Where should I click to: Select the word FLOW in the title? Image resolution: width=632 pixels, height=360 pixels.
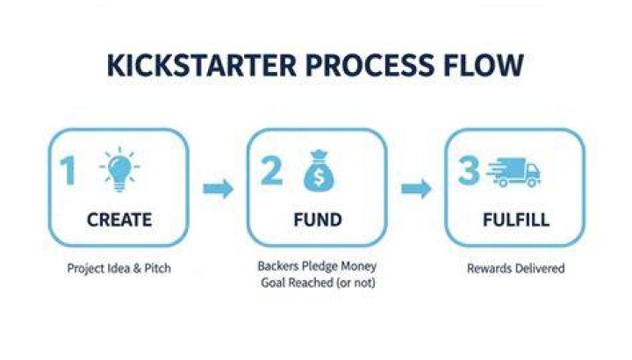pyautogui.click(x=484, y=65)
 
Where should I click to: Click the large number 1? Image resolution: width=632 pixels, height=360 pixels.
pyautogui.click(x=68, y=170)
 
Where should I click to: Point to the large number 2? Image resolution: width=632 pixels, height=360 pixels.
pyautogui.click(x=271, y=170)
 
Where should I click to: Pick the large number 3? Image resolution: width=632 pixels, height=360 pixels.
pyautogui.click(x=469, y=170)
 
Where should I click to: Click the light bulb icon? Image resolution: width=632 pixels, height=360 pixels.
pyautogui.click(x=119, y=169)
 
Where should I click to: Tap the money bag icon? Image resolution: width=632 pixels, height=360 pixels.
pyautogui.click(x=319, y=171)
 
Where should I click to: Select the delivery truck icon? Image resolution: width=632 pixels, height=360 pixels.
pyautogui.click(x=513, y=172)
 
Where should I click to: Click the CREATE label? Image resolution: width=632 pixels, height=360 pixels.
pyautogui.click(x=119, y=220)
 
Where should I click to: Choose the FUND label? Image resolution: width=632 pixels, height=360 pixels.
pyautogui.click(x=318, y=220)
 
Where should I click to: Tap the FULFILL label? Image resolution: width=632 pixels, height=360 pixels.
pyautogui.click(x=516, y=220)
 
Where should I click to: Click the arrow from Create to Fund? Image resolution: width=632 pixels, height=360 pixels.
pyautogui.click(x=218, y=189)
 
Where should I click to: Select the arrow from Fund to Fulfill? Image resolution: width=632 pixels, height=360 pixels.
pyautogui.click(x=416, y=189)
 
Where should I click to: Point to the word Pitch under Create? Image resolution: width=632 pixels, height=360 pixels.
pyautogui.click(x=158, y=268)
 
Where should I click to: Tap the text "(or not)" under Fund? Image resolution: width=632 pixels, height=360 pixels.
pyautogui.click(x=355, y=283)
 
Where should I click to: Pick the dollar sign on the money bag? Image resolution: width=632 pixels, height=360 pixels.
pyautogui.click(x=319, y=177)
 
